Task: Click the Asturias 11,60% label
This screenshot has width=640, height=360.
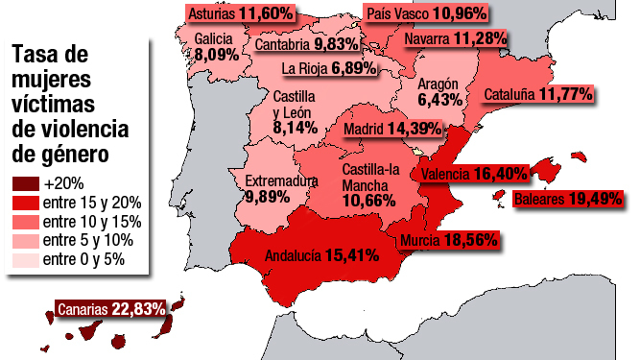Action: pos(240,13)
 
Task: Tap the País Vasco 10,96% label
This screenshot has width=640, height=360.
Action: pos(427,13)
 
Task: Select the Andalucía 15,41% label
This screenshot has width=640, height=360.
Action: pos(320,256)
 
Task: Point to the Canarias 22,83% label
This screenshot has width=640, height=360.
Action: pos(111,308)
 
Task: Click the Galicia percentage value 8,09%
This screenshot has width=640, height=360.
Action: pos(215,55)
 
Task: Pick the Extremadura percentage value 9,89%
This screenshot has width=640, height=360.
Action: pos(266,196)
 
